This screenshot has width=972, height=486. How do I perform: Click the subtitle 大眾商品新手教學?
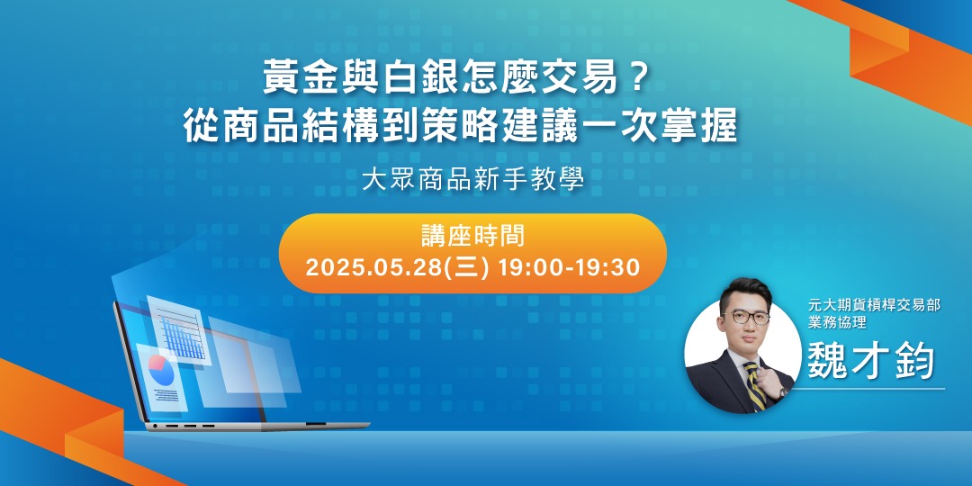pyautogui.click(x=472, y=180)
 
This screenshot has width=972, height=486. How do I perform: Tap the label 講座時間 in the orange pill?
pyautogui.click(x=472, y=238)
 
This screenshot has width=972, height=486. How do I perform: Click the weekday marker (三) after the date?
pyautogui.click(x=472, y=267)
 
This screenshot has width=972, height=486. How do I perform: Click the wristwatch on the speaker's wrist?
pyautogui.click(x=782, y=392)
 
